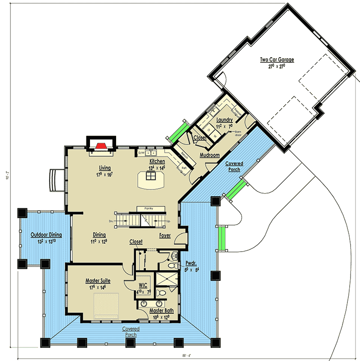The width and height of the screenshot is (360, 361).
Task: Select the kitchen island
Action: (x=150, y=181)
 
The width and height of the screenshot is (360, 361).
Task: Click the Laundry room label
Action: (x=224, y=120)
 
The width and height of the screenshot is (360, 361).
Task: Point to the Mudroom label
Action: (x=210, y=155)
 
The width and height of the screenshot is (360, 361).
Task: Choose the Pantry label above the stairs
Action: (x=149, y=209)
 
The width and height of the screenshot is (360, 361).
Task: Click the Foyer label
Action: (x=165, y=235)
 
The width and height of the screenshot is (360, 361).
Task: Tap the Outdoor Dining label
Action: (x=46, y=235)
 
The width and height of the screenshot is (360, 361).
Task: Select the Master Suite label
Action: (x=98, y=281)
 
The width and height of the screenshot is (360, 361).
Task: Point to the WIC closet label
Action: (x=143, y=285)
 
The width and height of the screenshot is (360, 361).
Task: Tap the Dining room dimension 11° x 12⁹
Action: (x=99, y=241)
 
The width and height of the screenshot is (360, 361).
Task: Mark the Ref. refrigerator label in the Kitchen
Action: (x=184, y=168)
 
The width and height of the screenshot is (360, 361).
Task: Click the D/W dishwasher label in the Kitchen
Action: (x=141, y=153)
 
